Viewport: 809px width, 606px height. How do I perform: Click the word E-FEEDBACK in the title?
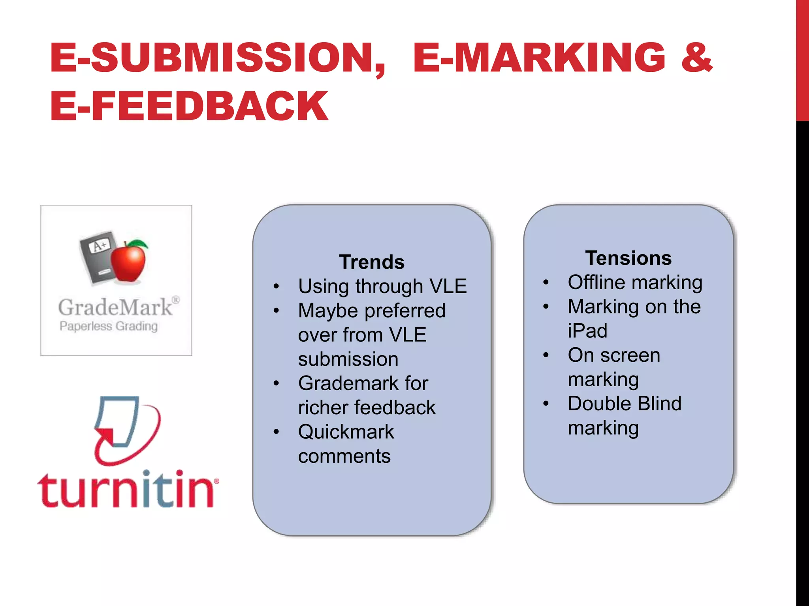(189, 105)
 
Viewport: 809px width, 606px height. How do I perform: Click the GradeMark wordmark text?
(115, 307)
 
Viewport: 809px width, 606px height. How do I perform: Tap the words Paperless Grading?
(109, 326)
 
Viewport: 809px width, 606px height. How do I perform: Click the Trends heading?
(372, 262)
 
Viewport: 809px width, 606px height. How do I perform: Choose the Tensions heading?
(628, 258)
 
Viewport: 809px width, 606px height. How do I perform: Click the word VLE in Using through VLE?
(448, 286)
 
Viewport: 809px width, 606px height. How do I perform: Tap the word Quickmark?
(346, 432)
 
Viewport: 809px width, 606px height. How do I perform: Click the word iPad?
(587, 331)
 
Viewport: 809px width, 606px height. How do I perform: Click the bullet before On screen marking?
(546, 355)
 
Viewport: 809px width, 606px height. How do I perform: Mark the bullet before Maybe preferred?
(276, 310)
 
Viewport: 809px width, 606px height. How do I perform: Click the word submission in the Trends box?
(348, 359)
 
